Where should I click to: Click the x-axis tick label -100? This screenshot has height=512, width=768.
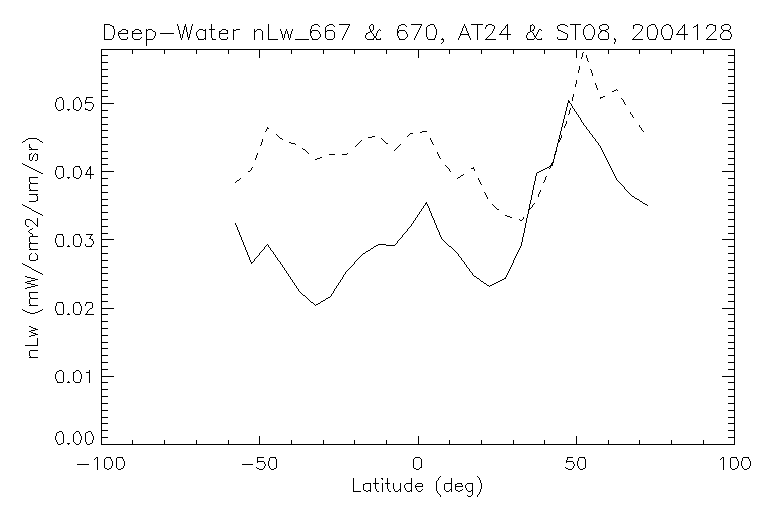pos(99,465)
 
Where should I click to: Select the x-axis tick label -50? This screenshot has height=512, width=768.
pos(258,465)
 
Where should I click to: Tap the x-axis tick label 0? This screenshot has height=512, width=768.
pos(418,465)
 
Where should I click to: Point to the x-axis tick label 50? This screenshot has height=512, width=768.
pos(576,465)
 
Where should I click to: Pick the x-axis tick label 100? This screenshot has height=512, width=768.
pos(734,465)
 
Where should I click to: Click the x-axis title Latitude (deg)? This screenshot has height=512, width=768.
pos(417,487)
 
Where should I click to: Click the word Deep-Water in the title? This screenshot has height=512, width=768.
pos(165,33)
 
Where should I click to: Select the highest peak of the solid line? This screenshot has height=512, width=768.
pos(568,101)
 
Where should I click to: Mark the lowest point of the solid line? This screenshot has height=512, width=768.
pos(315,305)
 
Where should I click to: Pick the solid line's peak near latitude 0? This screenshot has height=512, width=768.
pos(427,202)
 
